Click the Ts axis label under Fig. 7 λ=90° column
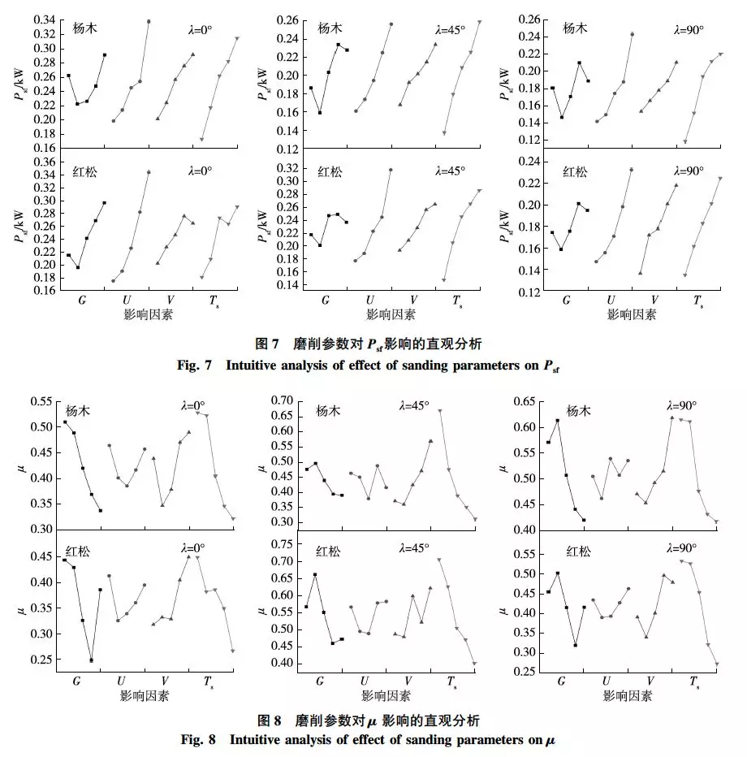697,301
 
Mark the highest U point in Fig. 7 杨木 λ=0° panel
148,21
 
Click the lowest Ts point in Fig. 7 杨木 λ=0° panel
201,139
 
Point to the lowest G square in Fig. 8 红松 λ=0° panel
91,660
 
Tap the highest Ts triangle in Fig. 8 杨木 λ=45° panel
440,411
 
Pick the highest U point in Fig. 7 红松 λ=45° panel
391,170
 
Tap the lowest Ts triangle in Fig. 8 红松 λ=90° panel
716,664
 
